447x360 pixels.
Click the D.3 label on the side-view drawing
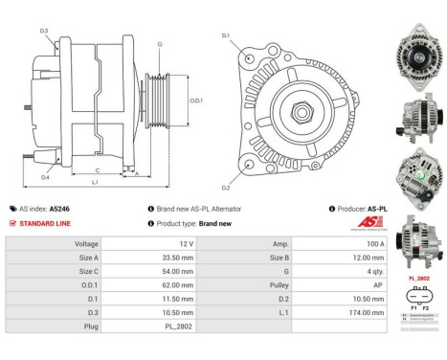44,32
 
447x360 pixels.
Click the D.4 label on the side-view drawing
45,176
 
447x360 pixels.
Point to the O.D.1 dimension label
195,100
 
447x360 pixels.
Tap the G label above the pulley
159,44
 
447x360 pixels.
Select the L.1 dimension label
95,182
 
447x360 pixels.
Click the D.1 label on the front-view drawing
226,35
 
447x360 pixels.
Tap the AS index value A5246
60,208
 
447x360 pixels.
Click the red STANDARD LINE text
46,223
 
